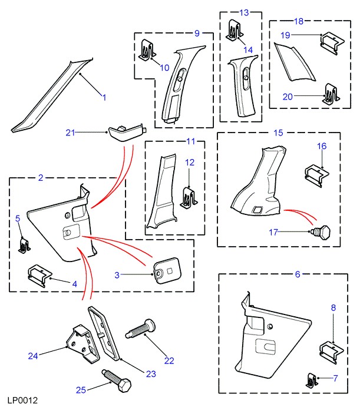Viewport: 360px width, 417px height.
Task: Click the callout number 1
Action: [104, 98]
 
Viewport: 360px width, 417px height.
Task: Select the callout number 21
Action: [71, 133]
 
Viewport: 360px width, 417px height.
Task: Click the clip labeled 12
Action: [189, 197]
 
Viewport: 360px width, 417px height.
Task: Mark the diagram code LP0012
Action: [23, 401]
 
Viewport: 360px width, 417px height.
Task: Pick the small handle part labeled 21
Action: [124, 131]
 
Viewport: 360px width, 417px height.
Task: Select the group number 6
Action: [297, 274]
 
